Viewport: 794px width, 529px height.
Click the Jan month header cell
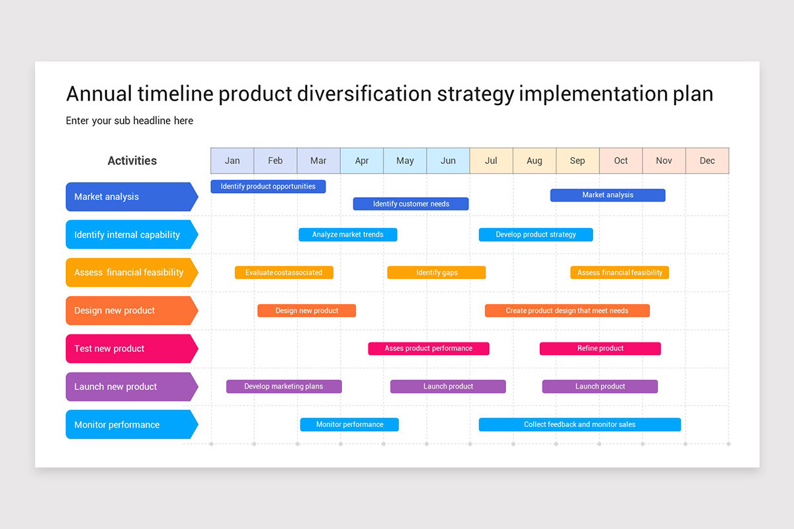point(232,161)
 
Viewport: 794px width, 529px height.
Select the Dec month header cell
point(707,161)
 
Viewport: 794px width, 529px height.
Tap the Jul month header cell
point(491,161)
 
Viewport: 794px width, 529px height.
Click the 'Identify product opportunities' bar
point(268,186)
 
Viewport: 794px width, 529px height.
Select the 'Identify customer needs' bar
point(411,204)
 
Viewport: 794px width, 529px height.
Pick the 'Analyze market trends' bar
point(348,235)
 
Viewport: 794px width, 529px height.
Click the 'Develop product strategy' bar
point(536,235)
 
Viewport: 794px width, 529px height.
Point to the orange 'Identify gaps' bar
point(437,272)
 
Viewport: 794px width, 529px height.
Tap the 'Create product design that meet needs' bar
point(567,311)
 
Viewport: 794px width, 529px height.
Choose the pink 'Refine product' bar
point(600,348)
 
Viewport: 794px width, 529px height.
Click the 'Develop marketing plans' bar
point(284,386)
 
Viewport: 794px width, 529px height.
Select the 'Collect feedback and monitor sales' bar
point(580,425)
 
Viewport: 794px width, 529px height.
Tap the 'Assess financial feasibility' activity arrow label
point(130,272)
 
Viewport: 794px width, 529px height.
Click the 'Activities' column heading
point(132,161)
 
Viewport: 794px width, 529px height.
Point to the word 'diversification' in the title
point(364,94)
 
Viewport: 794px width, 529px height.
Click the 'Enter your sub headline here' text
point(130,120)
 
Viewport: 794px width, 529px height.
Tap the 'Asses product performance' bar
point(429,348)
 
